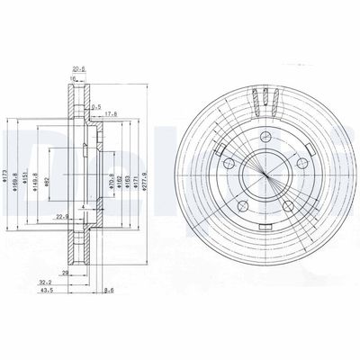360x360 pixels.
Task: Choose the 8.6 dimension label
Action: point(109,292)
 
